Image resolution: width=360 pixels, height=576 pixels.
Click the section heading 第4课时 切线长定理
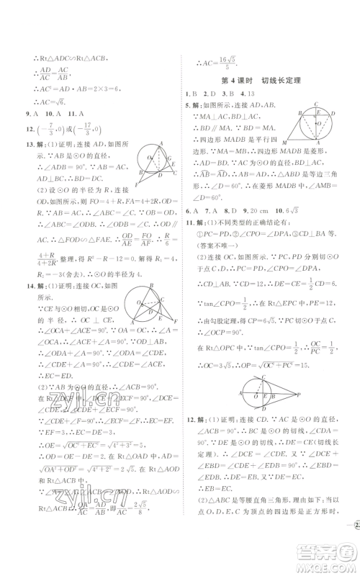[x=266, y=79]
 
